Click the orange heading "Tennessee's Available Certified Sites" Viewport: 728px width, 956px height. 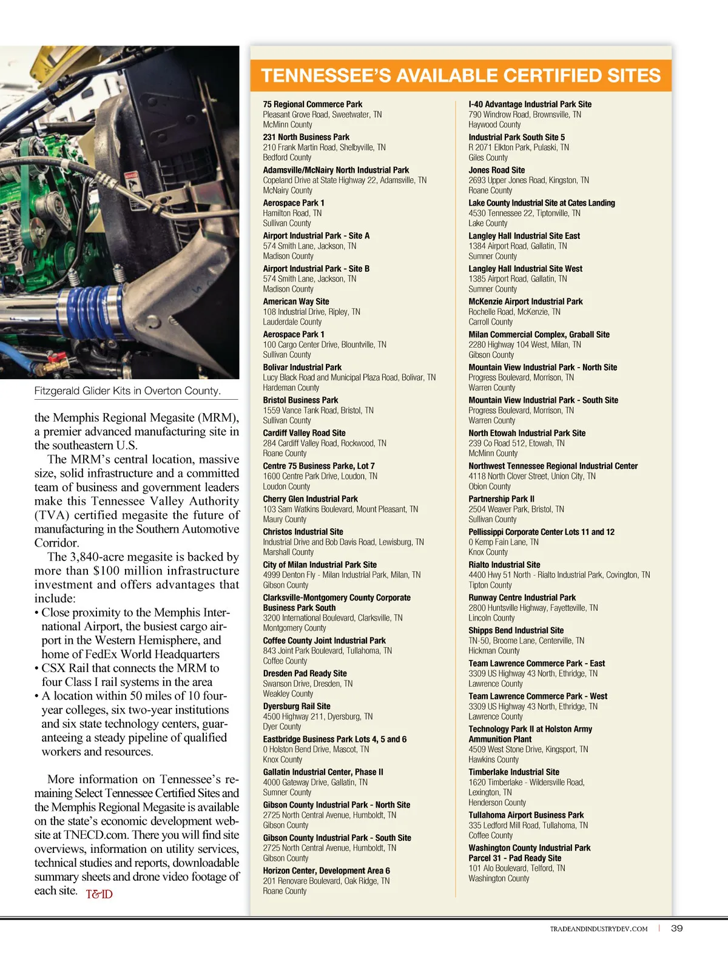[460, 76]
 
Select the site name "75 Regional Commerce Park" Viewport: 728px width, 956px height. [312, 104]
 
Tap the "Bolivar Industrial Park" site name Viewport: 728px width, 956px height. [302, 367]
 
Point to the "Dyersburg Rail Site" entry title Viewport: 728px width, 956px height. [297, 706]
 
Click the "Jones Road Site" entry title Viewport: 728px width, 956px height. [496, 170]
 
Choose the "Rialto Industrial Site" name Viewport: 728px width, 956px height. [504, 565]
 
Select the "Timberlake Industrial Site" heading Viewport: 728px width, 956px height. [514, 772]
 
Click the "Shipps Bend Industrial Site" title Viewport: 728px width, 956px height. [516, 630]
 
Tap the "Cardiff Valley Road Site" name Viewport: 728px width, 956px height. [304, 433]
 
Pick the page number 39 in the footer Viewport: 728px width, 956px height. [677, 928]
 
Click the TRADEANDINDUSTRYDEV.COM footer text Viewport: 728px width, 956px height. [599, 929]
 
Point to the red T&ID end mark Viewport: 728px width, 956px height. [99, 894]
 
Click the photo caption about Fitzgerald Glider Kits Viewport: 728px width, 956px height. [127, 391]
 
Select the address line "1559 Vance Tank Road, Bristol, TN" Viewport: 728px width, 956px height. [318, 410]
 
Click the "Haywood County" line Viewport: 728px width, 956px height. [494, 124]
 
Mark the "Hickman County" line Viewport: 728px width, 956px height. [494, 651]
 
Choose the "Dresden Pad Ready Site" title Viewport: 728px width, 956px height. [305, 673]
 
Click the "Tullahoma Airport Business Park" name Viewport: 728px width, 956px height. [526, 815]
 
